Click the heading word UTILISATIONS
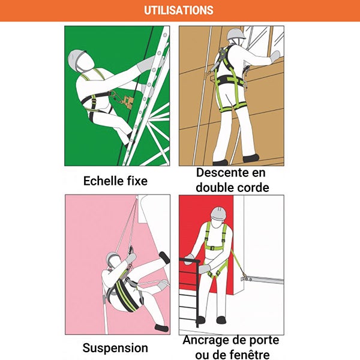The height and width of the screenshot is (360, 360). tap(179, 10)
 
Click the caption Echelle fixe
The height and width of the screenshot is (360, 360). tap(115, 181)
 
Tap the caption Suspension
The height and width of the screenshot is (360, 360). tap(115, 348)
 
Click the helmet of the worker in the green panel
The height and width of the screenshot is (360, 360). tap(76, 58)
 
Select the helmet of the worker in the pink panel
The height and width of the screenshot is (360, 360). tap(113, 259)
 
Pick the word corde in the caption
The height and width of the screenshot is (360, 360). tap(253, 188)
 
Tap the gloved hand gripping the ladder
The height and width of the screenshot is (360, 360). tap(145, 64)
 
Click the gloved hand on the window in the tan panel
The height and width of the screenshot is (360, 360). tap(275, 56)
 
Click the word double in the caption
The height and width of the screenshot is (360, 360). tap(212, 188)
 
